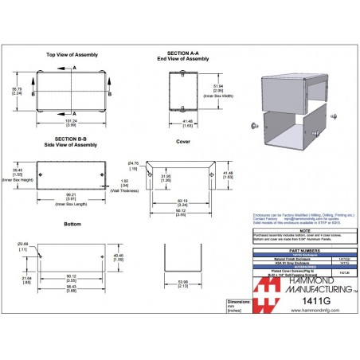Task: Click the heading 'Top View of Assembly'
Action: click(x=72, y=55)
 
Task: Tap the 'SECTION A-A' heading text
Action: click(x=182, y=52)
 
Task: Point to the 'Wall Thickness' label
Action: click(x=121, y=191)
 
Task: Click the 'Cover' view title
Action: click(x=183, y=141)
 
